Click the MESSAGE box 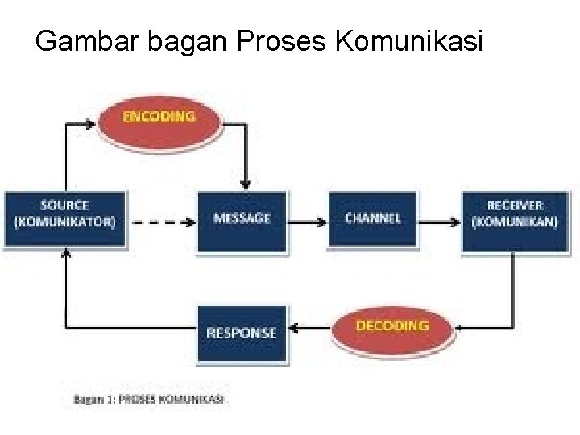242,217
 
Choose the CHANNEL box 372,217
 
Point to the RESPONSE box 242,331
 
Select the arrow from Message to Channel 305,217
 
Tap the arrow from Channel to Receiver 439,217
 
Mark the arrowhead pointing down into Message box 248,186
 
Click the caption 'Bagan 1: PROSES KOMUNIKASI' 149,399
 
